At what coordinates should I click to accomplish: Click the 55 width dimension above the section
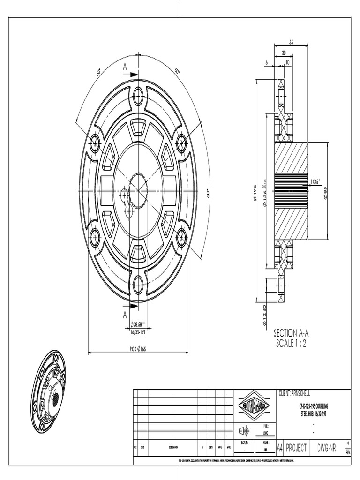click(291, 42)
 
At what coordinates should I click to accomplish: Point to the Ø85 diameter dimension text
click(325, 191)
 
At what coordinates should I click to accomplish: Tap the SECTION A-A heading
click(291, 333)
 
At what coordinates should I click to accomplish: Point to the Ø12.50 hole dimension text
click(265, 315)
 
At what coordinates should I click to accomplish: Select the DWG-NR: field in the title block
click(328, 448)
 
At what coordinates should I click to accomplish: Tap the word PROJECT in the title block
click(297, 448)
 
